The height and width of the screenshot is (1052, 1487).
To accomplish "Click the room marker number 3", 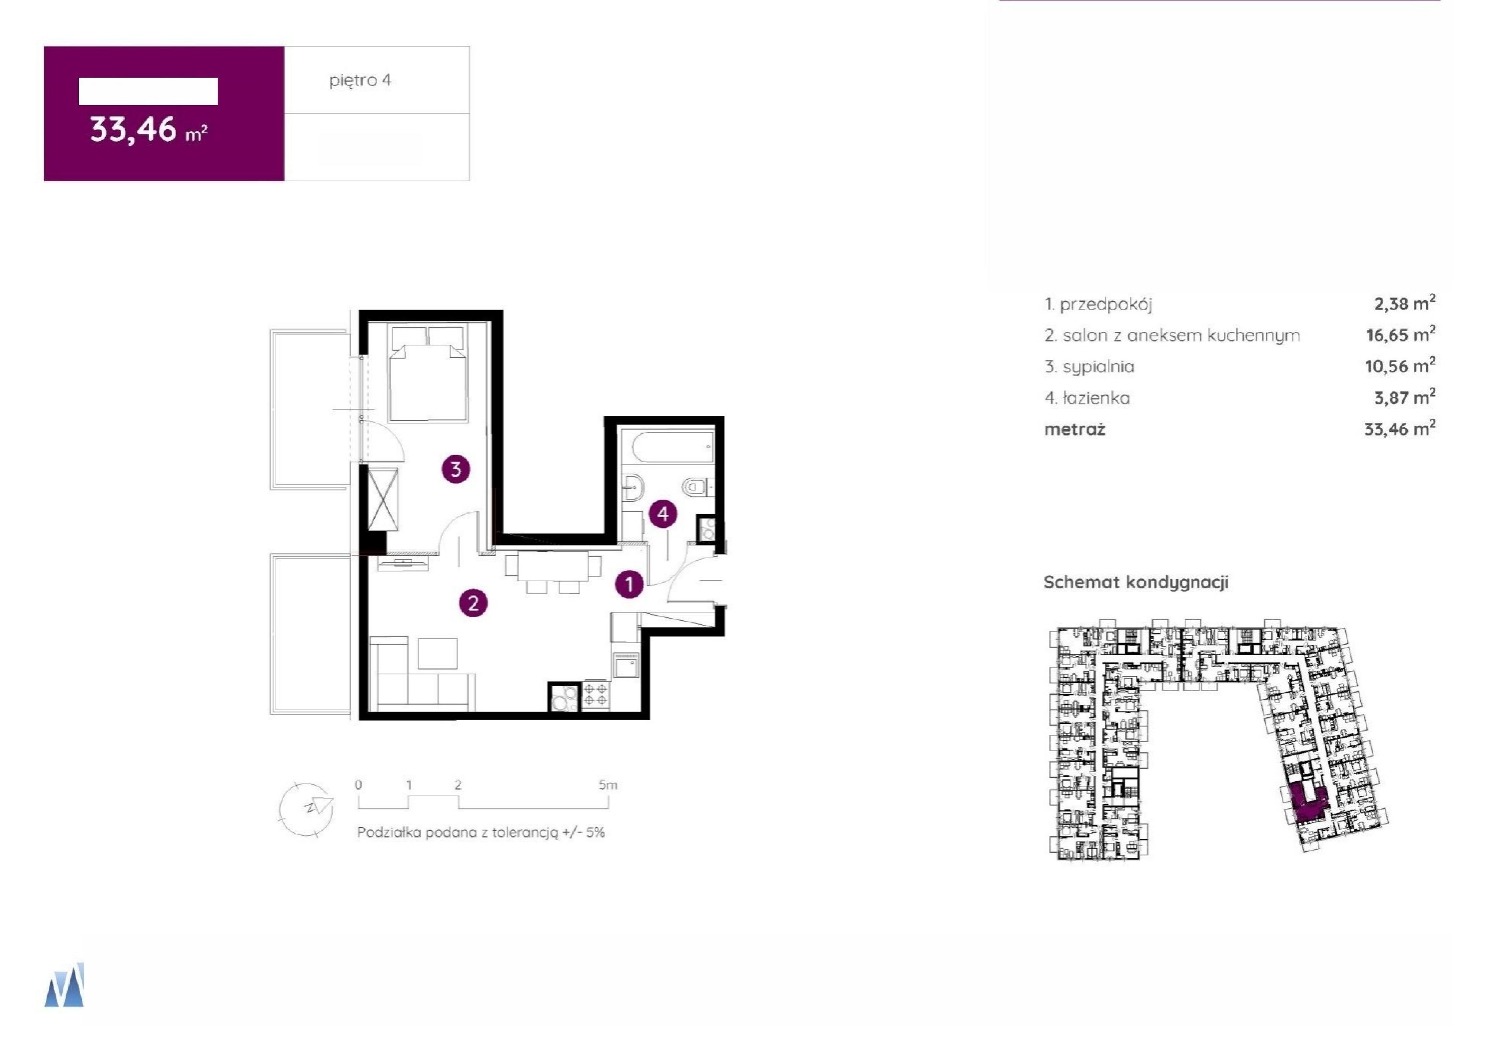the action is (455, 469).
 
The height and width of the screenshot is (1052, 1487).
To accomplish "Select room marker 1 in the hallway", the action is (628, 584).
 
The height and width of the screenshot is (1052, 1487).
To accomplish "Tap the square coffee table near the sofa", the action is (438, 653).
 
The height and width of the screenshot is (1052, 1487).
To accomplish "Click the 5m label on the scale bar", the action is (608, 785).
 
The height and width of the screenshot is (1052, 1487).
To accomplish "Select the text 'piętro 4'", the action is (360, 80).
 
